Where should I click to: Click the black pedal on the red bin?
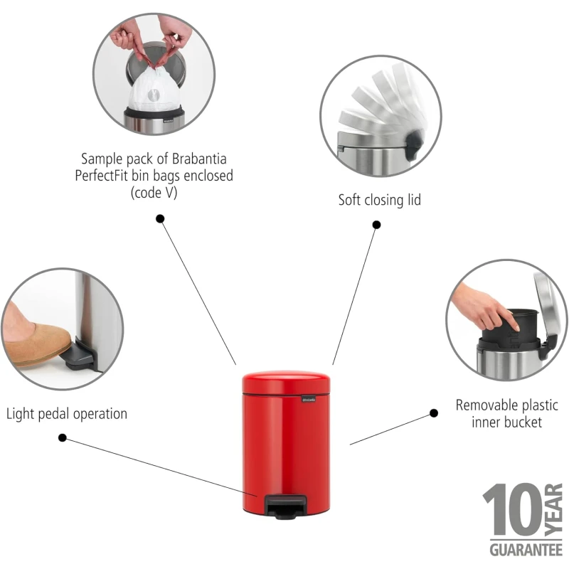click(x=286, y=506)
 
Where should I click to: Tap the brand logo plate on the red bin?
click(x=309, y=400)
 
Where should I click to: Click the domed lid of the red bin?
click(x=287, y=381)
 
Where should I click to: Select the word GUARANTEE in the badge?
click(x=526, y=550)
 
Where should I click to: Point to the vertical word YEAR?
click(x=554, y=509)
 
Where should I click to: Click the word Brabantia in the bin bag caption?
click(x=199, y=159)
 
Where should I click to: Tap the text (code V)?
click(x=154, y=192)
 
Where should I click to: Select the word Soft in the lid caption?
click(x=349, y=200)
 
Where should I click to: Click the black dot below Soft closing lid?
click(x=377, y=225)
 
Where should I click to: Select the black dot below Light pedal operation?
click(x=63, y=437)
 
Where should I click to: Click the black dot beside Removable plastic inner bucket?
click(x=434, y=413)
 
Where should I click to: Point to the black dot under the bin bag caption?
click(x=160, y=219)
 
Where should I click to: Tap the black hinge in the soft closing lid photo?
click(x=414, y=145)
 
